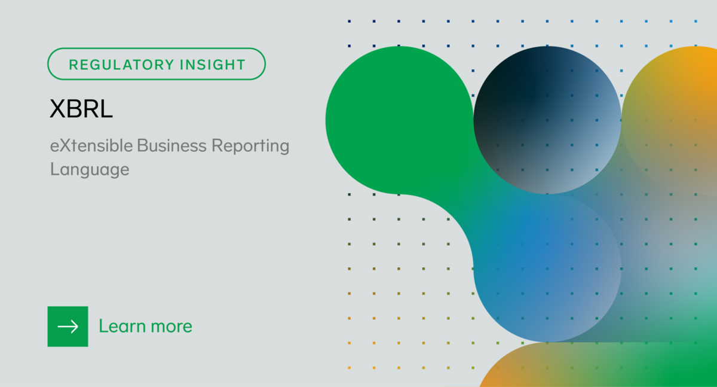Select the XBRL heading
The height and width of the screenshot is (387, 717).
(81, 109)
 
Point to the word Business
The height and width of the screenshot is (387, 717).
(171, 145)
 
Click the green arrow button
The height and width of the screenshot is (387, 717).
(68, 326)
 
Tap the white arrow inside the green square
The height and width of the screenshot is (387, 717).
(68, 326)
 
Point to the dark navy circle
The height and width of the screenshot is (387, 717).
(547, 120)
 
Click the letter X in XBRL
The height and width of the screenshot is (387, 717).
(57, 109)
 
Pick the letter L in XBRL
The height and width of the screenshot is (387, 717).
(107, 109)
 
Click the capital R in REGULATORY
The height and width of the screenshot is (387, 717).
(73, 64)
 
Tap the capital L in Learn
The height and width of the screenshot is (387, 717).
(103, 326)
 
